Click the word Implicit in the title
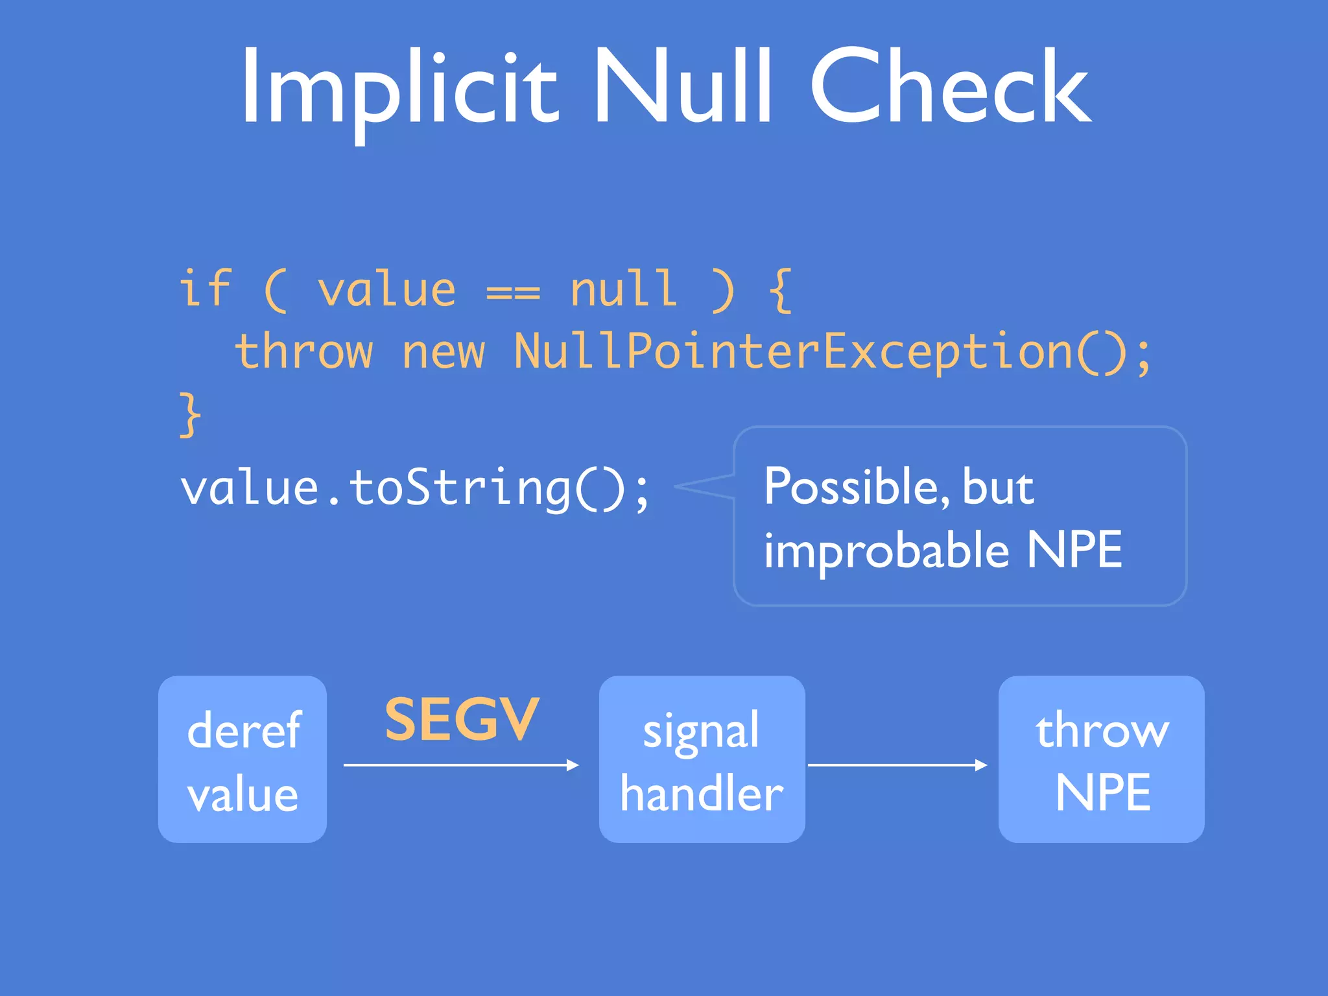point(398,88)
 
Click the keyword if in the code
point(205,288)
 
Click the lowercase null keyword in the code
point(623,288)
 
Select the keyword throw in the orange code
point(303,351)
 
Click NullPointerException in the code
point(793,351)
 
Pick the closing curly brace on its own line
point(190,414)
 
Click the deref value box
point(243,759)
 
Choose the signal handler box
point(702,759)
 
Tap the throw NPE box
point(1101,759)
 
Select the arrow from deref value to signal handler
point(460,765)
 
